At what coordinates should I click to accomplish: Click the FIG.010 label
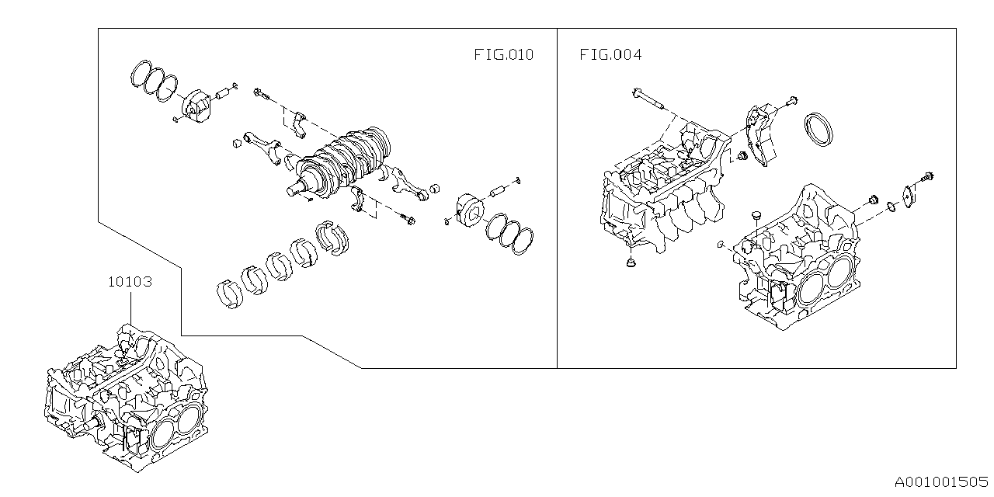coord(503,55)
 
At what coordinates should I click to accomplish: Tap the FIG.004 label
coord(610,55)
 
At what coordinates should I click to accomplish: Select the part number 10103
coord(130,282)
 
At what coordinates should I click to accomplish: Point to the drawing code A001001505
coord(940,482)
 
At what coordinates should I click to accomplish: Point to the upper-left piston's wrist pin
coord(223,95)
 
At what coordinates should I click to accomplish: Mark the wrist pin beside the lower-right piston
coord(498,189)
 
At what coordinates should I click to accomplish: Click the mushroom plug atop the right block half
coord(755,215)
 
